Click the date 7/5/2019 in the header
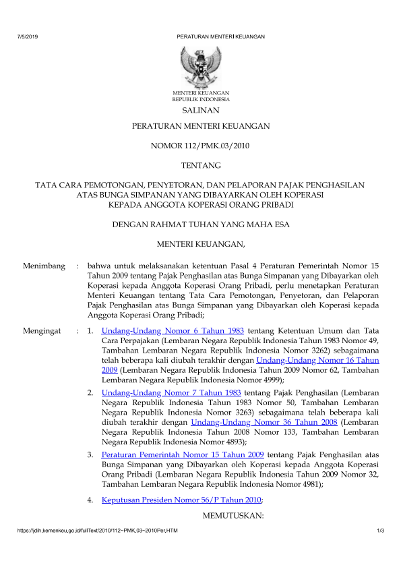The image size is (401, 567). (27, 36)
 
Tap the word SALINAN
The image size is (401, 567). (201, 109)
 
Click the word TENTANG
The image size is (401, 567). (201, 165)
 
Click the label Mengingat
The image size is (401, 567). (42, 331)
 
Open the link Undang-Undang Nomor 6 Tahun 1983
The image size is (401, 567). (173, 331)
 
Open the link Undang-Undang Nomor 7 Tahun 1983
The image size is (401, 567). (173, 392)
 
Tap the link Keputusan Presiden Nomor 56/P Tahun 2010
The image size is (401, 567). (180, 500)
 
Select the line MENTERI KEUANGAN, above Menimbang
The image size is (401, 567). (200, 243)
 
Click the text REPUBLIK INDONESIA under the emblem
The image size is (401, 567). (201, 98)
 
